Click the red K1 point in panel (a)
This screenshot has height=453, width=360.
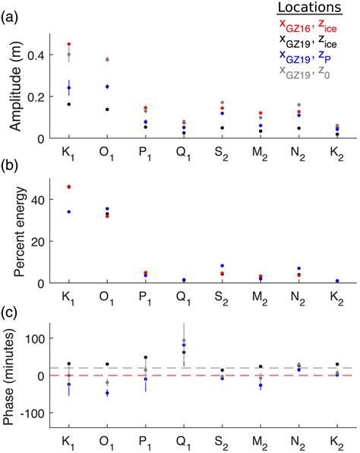(x=69, y=45)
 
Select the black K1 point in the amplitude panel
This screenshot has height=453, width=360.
(x=69, y=104)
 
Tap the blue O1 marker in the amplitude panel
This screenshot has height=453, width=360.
(x=107, y=87)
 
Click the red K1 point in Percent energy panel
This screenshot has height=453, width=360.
(x=69, y=187)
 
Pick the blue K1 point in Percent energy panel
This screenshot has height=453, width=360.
(x=69, y=212)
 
